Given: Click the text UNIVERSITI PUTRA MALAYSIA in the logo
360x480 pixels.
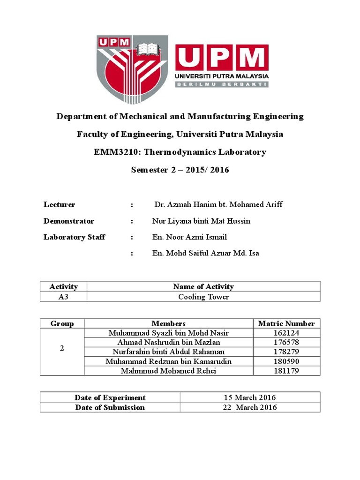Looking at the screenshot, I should [222, 76].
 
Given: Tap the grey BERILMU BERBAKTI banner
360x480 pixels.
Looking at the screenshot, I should [222, 84].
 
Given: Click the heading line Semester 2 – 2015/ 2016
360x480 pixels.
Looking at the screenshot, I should [180, 170].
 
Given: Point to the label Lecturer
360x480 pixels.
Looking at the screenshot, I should [59, 205].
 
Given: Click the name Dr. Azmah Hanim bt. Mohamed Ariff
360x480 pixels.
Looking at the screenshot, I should [218, 205].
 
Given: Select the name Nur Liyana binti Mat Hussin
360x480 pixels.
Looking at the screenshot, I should [202, 221].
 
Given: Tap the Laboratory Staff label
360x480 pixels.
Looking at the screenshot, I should [74, 237].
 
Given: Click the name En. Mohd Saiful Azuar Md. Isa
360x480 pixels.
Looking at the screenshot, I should [206, 253].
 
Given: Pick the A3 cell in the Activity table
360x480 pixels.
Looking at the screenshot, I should [63, 297].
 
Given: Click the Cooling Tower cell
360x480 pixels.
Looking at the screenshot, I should [203, 297].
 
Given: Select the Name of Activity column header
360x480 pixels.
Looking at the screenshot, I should [203, 287].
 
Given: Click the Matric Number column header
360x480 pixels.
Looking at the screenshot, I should [286, 323].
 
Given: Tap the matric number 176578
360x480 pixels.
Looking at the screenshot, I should [286, 343].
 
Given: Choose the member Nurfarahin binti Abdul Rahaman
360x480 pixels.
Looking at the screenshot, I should [168, 352].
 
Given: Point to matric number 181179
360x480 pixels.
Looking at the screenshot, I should [286, 371].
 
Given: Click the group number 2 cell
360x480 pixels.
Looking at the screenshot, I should [62, 349].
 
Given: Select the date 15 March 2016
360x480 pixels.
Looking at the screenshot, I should [250, 397].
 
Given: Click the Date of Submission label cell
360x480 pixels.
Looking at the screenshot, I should [110, 407].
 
